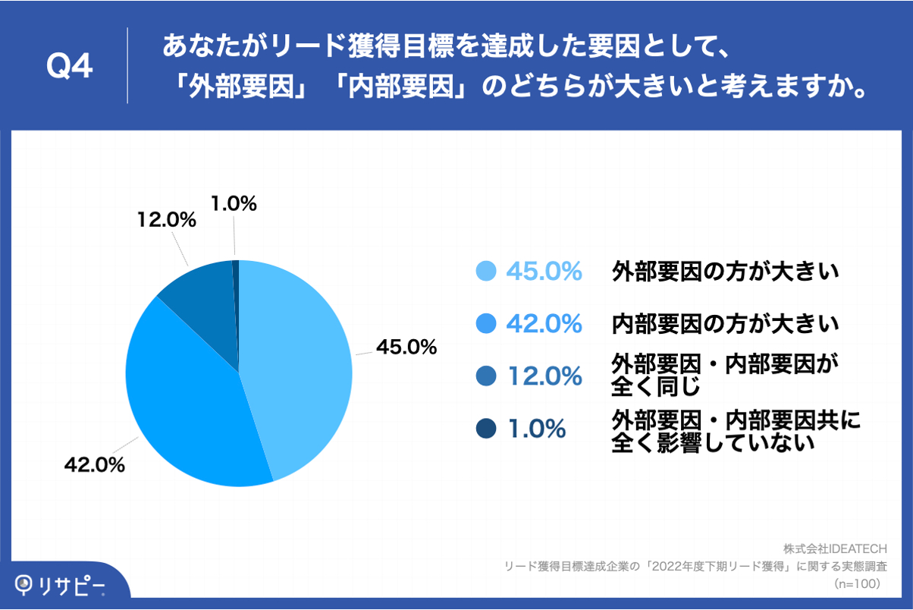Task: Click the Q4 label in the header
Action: (70, 67)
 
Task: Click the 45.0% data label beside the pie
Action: (406, 347)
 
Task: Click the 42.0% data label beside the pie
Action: (94, 465)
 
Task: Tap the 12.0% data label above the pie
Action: (167, 220)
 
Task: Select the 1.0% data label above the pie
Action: (233, 203)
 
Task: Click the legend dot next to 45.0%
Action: (485, 271)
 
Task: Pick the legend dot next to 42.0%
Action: (485, 323)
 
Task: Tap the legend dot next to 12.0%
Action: (485, 376)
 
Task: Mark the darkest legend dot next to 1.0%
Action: (485, 429)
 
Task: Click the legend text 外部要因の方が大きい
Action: (726, 271)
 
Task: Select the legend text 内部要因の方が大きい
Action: (726, 324)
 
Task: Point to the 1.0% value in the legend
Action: (537, 429)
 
